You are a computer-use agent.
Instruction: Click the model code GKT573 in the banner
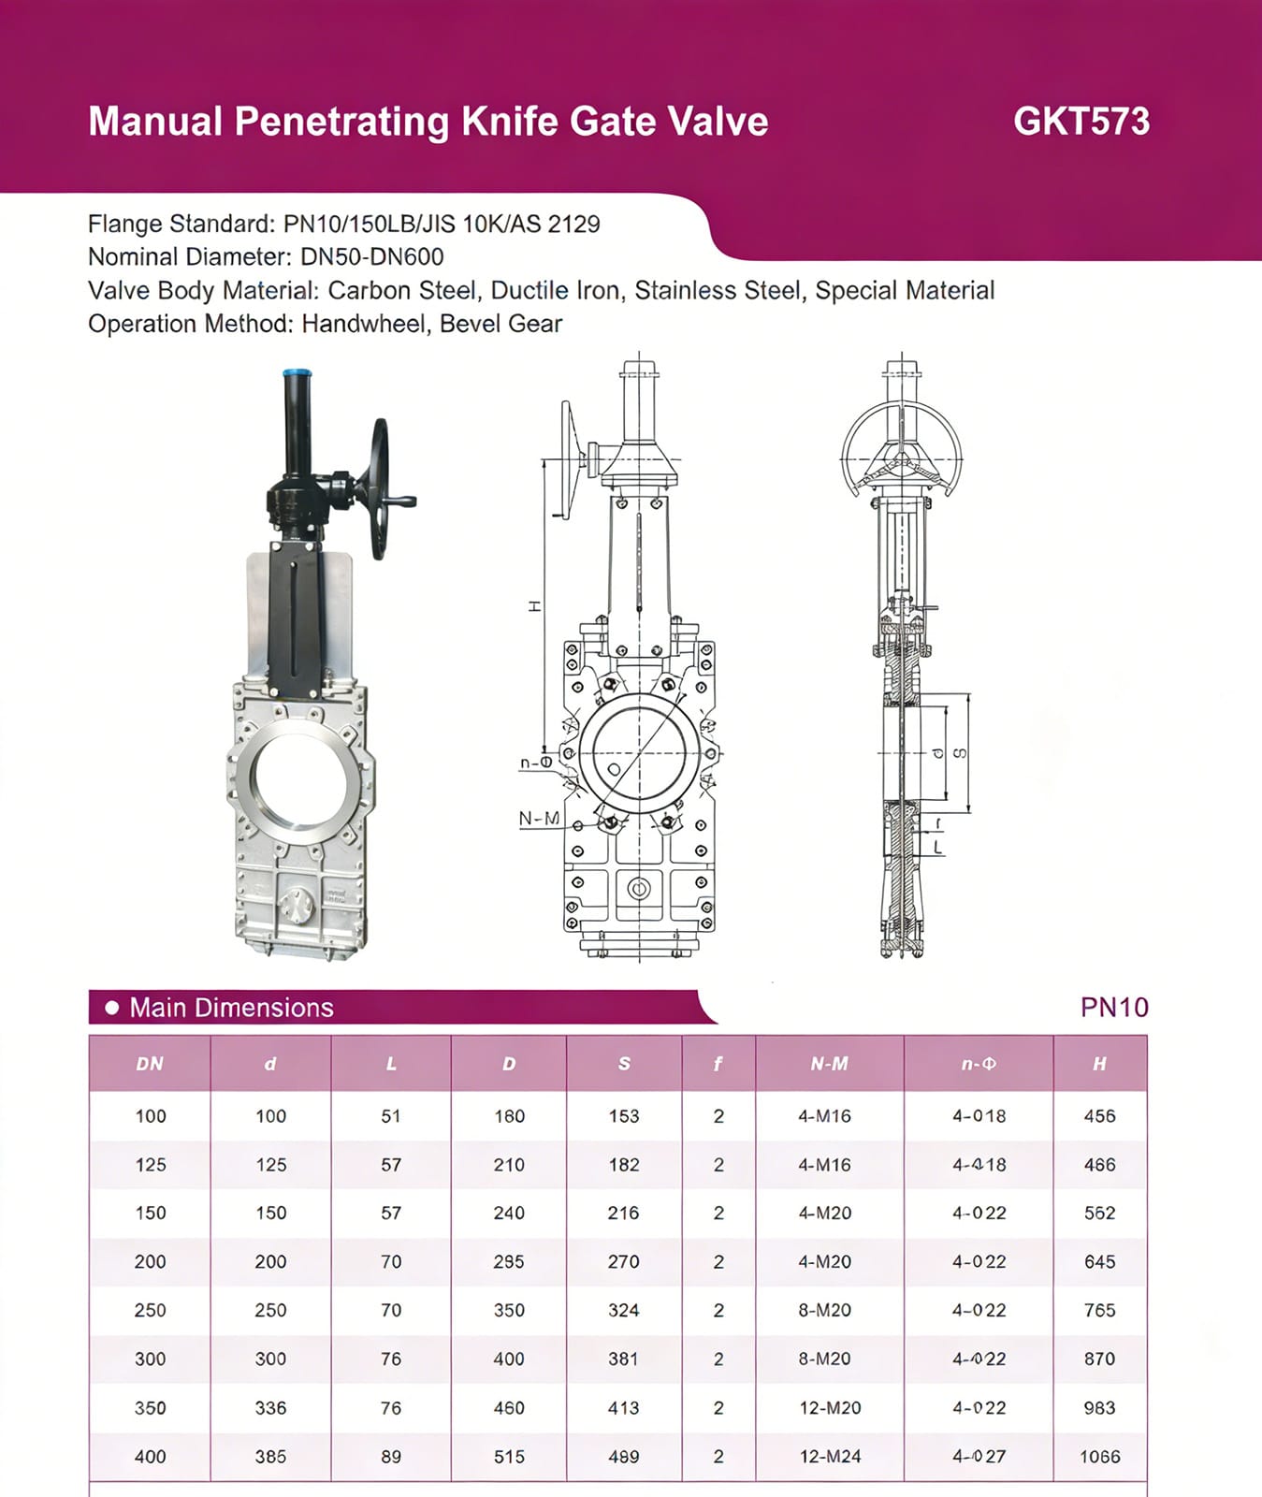click(x=1081, y=122)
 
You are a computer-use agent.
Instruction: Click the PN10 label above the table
click(x=1113, y=1007)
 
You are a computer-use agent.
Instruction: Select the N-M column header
click(x=829, y=1064)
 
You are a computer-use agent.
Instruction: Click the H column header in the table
click(x=1099, y=1064)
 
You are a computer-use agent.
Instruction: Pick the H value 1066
click(x=1099, y=1457)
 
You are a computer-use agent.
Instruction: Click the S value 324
click(x=623, y=1310)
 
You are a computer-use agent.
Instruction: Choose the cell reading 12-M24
click(x=830, y=1457)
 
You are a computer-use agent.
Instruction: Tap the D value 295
click(x=509, y=1261)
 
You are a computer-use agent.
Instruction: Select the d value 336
click(x=270, y=1407)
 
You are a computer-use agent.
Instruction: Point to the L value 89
click(x=391, y=1457)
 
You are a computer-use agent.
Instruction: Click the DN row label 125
click(x=150, y=1165)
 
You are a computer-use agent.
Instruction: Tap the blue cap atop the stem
click(x=297, y=380)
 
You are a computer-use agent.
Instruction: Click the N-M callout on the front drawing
click(x=539, y=819)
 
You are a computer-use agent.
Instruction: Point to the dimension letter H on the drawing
click(x=535, y=606)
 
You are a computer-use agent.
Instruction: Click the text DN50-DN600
click(x=371, y=256)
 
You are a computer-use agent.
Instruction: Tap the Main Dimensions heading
click(x=231, y=1008)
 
